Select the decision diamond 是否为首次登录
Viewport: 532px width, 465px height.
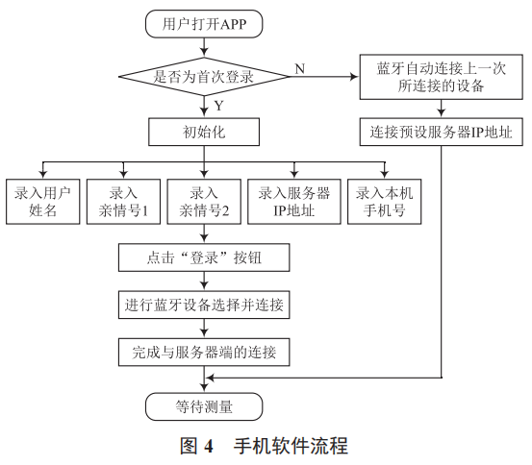(x=203, y=76)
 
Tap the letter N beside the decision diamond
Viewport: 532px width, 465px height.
(x=299, y=68)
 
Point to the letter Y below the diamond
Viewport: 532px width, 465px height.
(x=217, y=105)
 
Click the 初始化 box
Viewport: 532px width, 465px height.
(x=203, y=131)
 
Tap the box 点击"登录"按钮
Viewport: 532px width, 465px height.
(x=203, y=257)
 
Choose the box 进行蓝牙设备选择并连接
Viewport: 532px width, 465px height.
(x=203, y=306)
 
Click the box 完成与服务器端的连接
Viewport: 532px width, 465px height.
(x=203, y=353)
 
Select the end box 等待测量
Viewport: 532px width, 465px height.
(x=203, y=405)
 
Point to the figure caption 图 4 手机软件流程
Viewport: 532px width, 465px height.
(x=263, y=446)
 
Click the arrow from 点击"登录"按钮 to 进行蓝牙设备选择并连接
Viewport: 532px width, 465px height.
(x=203, y=281)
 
